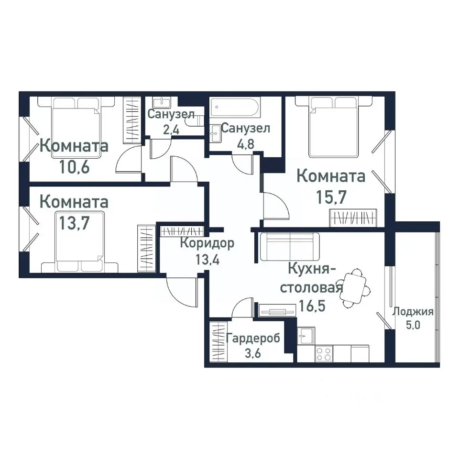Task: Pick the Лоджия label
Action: click(413, 312)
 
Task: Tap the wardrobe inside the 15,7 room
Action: click(354, 218)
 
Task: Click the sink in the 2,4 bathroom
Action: click(162, 102)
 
